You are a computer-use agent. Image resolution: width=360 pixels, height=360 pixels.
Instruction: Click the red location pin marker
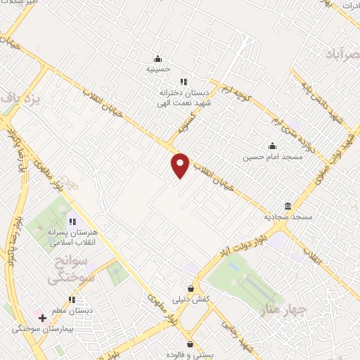click(x=181, y=165)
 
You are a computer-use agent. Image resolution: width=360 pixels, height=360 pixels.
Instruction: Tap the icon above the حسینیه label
click(x=159, y=58)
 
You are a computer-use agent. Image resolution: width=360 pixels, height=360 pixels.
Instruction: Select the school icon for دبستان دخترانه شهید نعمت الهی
click(x=184, y=82)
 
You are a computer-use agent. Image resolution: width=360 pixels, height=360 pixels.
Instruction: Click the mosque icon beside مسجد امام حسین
click(x=272, y=146)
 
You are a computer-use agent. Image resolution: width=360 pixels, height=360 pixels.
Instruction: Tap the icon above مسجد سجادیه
click(x=288, y=206)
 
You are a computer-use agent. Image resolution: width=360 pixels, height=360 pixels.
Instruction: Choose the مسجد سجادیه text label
click(x=288, y=217)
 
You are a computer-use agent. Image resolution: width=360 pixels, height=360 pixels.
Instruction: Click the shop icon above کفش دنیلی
click(x=191, y=288)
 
